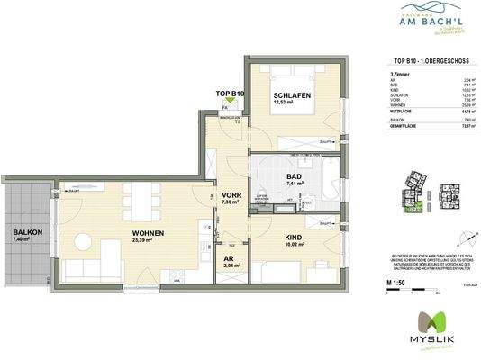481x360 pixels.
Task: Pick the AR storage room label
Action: [229, 258]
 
